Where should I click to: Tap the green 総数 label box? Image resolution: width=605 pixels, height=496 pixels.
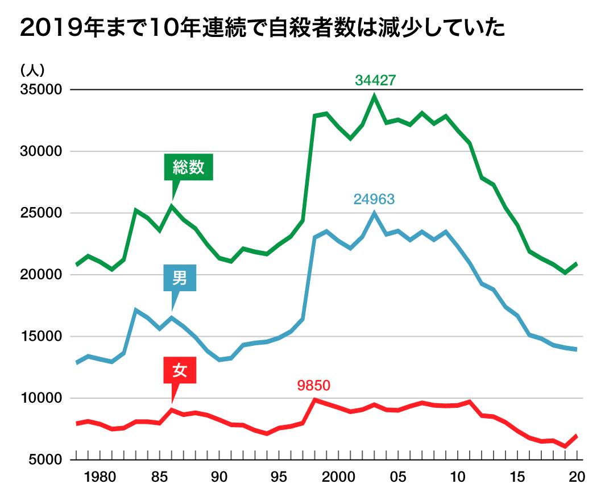pyautogui.click(x=188, y=168)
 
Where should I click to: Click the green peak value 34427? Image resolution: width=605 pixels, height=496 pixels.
pyautogui.click(x=375, y=80)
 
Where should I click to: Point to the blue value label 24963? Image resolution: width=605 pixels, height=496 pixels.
pyautogui.click(x=374, y=200)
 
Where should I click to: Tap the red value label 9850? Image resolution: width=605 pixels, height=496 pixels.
pyautogui.click(x=313, y=386)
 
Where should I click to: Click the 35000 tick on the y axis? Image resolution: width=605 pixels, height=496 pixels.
pyautogui.click(x=40, y=90)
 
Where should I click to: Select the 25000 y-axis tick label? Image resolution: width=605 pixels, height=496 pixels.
pyautogui.click(x=40, y=213)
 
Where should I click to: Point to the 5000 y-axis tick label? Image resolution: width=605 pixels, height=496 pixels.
pyautogui.click(x=44, y=460)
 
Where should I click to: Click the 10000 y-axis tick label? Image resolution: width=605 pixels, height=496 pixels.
pyautogui.click(x=40, y=398)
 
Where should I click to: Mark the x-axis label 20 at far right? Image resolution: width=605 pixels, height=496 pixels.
pyautogui.click(x=578, y=477)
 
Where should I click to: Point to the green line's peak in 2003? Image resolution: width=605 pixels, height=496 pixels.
pyautogui.click(x=374, y=96)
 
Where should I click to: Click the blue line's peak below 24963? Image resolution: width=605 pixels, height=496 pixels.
pyautogui.click(x=374, y=213)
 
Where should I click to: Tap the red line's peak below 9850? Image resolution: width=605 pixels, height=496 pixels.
pyautogui.click(x=314, y=400)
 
